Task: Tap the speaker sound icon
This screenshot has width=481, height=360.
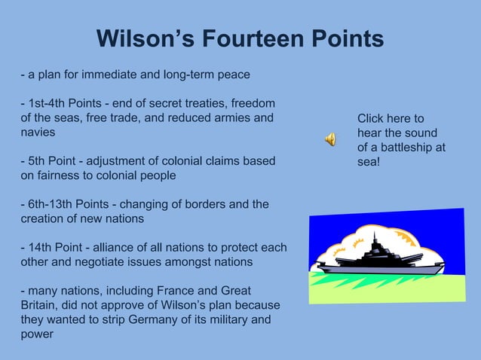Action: [330, 138]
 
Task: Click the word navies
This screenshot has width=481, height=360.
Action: [38, 132]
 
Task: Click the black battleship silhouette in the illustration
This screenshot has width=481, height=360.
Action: [376, 261]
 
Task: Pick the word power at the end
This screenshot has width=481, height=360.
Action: [37, 334]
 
